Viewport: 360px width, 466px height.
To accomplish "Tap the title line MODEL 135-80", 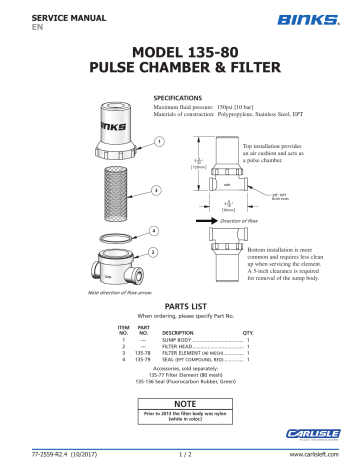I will (x=180, y=52).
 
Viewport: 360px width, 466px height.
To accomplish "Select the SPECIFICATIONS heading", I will (x=180, y=99).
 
